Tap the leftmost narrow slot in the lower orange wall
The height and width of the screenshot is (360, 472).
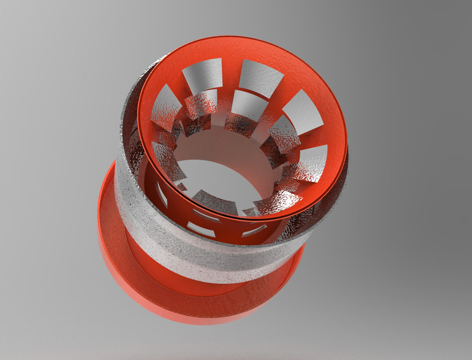[161, 194]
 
